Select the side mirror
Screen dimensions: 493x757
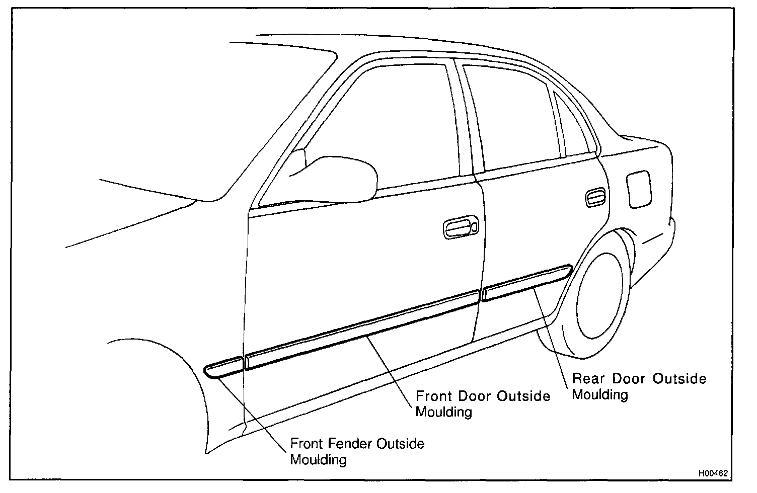(x=342, y=176)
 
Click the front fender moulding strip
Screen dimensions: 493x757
(x=224, y=366)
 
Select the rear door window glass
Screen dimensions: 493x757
(x=513, y=121)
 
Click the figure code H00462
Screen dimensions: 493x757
(x=712, y=473)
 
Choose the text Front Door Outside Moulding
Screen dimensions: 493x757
(x=482, y=404)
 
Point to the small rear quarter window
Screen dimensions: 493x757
(x=574, y=126)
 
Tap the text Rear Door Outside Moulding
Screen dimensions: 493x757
(x=638, y=386)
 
